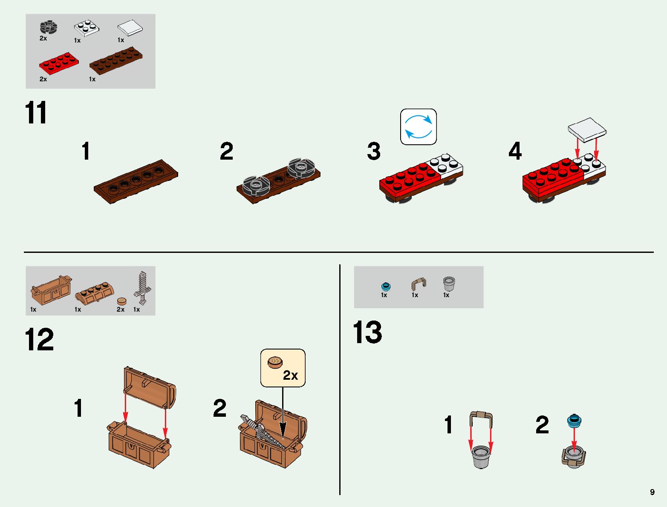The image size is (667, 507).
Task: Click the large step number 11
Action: coord(36,113)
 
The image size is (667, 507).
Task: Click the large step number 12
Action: coord(39,339)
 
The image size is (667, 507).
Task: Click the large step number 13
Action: coord(367,332)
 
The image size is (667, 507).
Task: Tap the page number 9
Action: coord(652,492)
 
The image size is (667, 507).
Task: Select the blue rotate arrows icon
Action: coord(419,127)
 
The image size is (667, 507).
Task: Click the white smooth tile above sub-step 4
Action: coord(587,129)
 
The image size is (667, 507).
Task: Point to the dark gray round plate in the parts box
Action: coord(49,28)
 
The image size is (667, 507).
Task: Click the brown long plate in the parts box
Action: coord(115,60)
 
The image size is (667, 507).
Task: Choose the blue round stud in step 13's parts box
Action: coord(386,286)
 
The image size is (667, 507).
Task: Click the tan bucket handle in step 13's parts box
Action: coord(419,284)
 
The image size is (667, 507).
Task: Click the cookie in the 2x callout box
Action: coord(275,362)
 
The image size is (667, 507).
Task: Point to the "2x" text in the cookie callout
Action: coord(290,375)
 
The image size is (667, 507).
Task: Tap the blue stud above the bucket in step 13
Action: coord(574,421)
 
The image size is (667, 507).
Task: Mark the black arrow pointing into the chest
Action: coord(283,413)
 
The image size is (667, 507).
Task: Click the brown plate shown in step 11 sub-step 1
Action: coord(136,182)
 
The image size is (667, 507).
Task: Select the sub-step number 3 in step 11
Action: coord(374,151)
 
